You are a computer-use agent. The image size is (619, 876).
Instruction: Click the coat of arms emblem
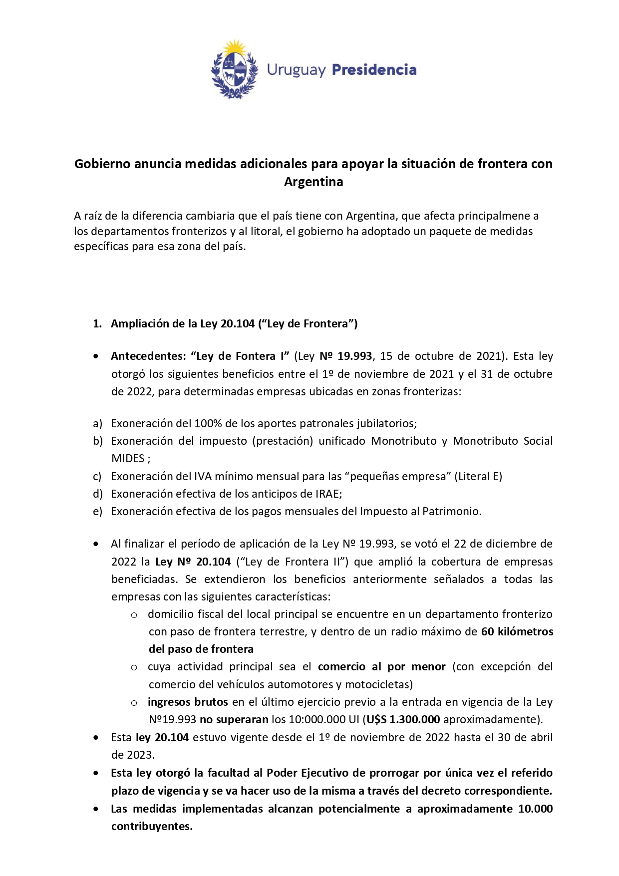(234, 70)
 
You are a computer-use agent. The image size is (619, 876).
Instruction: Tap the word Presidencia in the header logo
(374, 70)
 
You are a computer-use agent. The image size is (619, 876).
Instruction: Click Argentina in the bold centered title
(313, 182)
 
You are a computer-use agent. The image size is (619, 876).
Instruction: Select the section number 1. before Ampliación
(97, 323)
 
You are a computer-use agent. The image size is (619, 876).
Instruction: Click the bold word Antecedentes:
(148, 356)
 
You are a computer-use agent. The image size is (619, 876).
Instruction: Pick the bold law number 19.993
(354, 356)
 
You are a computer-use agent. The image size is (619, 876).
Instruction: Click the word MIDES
(128, 459)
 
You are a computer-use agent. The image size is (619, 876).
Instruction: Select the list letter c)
(97, 476)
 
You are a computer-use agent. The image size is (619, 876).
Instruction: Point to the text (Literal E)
(478, 476)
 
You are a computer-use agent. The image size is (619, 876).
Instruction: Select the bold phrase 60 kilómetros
(517, 631)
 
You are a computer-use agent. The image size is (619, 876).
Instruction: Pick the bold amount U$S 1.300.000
(403, 719)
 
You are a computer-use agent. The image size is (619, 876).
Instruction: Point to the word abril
(540, 737)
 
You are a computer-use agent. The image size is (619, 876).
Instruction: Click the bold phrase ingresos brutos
(188, 702)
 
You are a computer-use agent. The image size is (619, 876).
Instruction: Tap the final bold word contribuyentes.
(152, 826)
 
